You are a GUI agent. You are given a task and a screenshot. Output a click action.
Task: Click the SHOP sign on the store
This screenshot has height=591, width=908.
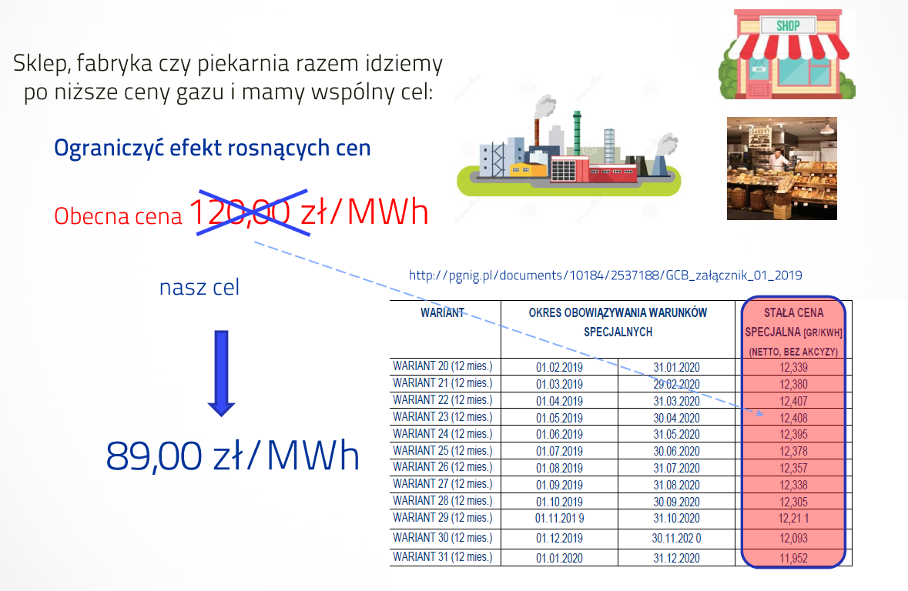788,25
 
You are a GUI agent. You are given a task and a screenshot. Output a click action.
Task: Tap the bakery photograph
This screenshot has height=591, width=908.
782,169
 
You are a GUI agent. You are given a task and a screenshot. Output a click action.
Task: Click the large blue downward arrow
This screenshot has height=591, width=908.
221,373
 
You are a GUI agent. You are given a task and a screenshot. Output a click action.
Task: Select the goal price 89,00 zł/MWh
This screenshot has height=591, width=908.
233,456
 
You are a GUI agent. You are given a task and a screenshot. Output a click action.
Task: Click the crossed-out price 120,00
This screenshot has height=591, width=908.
240,212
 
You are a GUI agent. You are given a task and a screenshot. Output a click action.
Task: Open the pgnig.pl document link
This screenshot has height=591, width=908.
606,275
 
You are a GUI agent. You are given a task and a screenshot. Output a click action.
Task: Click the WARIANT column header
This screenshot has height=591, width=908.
442,312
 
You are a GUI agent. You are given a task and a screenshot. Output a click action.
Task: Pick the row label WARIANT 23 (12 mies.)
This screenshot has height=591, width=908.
442,417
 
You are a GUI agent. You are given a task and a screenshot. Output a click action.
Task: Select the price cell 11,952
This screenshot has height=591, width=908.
793,558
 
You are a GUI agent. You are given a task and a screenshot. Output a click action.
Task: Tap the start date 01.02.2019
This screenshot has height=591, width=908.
559,368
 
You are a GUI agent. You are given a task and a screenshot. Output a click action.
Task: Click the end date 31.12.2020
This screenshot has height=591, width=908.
676,558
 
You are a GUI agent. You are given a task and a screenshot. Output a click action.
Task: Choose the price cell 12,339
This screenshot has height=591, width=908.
793,368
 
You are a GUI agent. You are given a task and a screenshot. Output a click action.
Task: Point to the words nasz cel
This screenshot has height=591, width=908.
199,287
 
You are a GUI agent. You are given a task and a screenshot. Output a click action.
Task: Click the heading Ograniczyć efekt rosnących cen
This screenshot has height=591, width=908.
212,149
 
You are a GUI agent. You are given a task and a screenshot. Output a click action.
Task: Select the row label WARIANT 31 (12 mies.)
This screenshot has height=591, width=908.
442,557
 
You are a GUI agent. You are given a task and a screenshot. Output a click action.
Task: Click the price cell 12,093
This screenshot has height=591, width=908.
793,539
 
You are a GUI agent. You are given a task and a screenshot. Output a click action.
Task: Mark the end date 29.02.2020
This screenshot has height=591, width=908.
676,384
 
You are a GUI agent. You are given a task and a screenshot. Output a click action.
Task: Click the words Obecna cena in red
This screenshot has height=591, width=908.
118,216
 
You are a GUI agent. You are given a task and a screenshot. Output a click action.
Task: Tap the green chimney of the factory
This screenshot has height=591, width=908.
577,133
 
